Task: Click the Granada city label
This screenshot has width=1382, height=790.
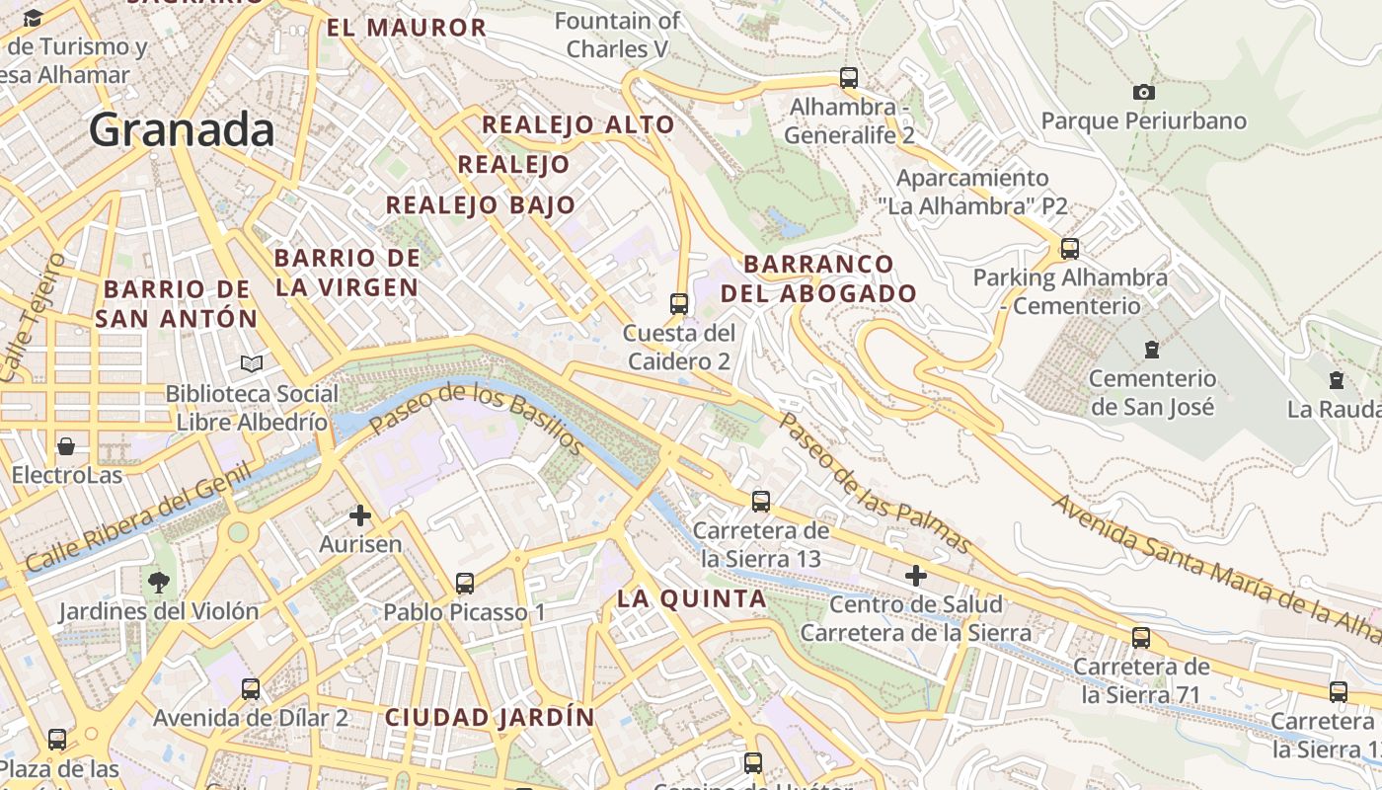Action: (x=182, y=129)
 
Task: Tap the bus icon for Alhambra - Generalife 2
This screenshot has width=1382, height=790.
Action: (x=848, y=77)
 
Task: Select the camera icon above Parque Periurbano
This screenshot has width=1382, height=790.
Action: (x=1143, y=92)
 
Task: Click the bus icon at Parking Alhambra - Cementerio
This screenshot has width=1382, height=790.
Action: (x=1069, y=248)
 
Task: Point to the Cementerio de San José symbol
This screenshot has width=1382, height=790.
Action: (x=1151, y=349)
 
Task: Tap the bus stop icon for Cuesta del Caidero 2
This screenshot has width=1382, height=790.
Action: (x=679, y=303)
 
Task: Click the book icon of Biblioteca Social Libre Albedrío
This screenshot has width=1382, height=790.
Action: (x=252, y=364)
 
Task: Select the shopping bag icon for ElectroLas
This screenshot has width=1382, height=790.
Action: (x=66, y=446)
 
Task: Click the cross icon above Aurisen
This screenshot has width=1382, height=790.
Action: (x=360, y=514)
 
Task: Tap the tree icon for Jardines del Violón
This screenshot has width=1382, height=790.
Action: (x=158, y=582)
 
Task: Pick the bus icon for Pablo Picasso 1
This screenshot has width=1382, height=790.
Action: (x=465, y=583)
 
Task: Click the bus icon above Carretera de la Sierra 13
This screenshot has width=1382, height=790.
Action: (x=760, y=501)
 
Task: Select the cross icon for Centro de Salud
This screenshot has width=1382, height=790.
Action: (x=916, y=575)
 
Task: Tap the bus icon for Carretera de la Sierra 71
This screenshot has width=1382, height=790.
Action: (x=1141, y=637)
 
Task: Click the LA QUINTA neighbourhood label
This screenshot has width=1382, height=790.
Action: (x=692, y=598)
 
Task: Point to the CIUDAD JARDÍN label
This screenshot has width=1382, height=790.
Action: (x=490, y=717)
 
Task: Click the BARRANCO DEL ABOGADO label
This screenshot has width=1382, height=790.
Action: (x=819, y=278)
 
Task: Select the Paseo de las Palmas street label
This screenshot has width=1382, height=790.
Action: (x=876, y=481)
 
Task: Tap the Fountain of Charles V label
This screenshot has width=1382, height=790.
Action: (x=618, y=34)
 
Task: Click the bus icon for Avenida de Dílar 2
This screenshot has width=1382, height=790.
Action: (x=251, y=688)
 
